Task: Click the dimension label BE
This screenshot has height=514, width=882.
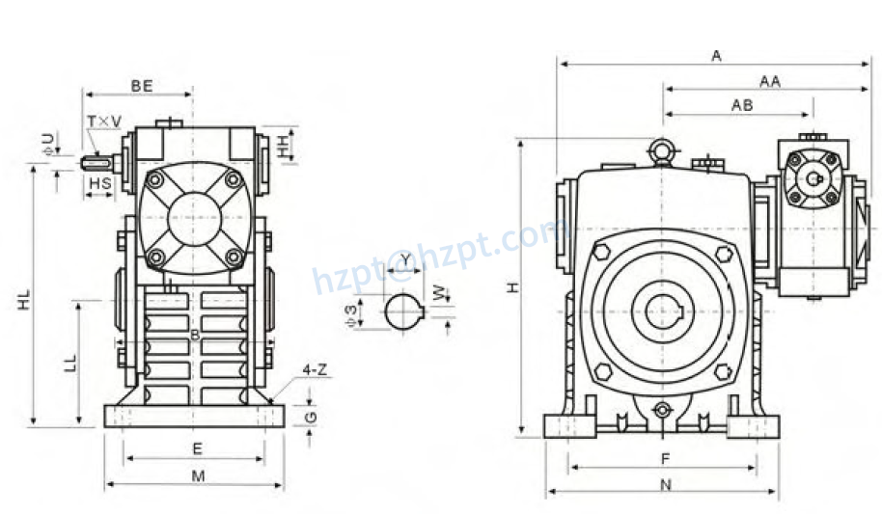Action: click(142, 86)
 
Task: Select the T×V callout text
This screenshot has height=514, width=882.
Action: click(104, 121)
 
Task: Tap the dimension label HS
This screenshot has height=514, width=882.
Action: click(99, 182)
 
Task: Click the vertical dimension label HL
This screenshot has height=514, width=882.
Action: click(23, 298)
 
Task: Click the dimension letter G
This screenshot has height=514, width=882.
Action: click(309, 416)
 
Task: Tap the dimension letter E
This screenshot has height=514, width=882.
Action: click(197, 448)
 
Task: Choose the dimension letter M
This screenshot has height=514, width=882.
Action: click(198, 475)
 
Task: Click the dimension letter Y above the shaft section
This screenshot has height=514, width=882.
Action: click(406, 258)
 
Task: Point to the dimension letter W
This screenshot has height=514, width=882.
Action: click(440, 292)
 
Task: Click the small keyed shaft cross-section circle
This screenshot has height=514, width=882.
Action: click(403, 312)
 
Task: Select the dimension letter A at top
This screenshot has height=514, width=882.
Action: click(716, 56)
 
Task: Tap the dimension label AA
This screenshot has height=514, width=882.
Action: click(769, 82)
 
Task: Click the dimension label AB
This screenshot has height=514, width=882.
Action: click(741, 105)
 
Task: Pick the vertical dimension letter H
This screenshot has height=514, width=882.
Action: click(513, 287)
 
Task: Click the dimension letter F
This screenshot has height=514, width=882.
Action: click(665, 457)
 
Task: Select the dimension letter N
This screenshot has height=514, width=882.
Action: click(665, 484)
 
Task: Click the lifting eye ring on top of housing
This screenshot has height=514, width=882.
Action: click(662, 149)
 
